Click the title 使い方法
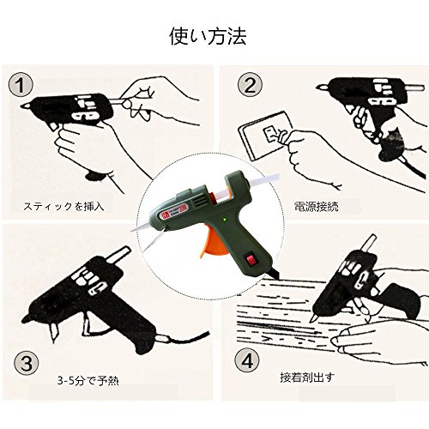tap(208, 36)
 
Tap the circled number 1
tap(21, 85)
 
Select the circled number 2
tap(250, 84)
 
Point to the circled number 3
tap(27, 364)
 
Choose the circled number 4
tap(247, 361)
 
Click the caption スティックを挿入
tap(63, 206)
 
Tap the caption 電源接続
tap(316, 206)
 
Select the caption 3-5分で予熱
tap(88, 381)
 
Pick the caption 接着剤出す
tap(307, 378)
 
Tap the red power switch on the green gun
tap(250, 260)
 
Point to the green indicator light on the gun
tap(225, 220)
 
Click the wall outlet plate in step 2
tap(264, 135)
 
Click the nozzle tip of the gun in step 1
tap(24, 106)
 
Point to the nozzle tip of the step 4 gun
tap(314, 318)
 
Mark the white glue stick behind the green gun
tap(263, 181)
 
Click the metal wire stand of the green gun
tap(154, 239)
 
